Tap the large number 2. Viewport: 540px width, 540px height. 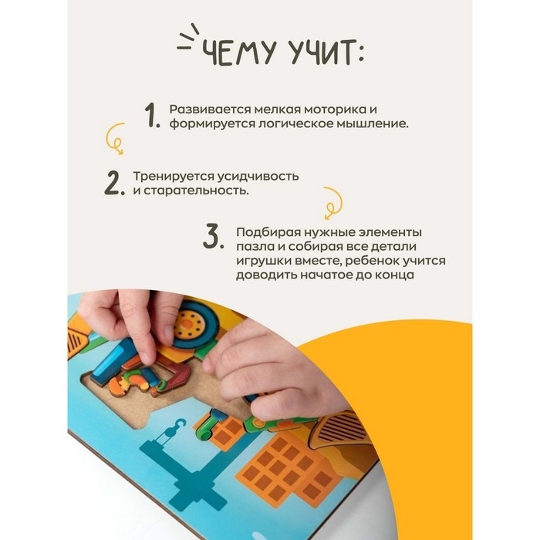tap(114, 183)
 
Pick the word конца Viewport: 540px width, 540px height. tap(394, 275)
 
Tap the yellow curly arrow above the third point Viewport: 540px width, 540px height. tap(331, 201)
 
